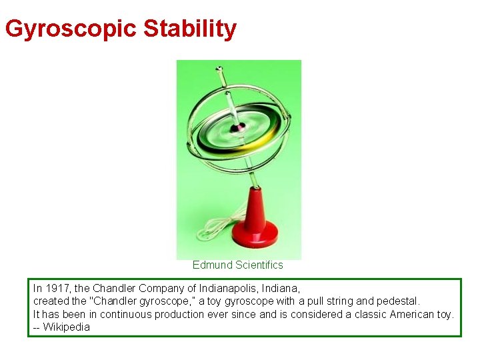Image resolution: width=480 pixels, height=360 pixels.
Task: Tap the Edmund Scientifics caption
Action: click(x=237, y=265)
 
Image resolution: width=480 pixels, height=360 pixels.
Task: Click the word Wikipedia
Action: click(x=66, y=327)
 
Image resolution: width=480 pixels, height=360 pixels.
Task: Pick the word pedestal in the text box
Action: click(x=398, y=301)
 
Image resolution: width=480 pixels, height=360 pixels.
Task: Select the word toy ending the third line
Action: click(x=445, y=314)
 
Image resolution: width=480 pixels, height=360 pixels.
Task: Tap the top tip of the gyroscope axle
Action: click(x=218, y=68)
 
